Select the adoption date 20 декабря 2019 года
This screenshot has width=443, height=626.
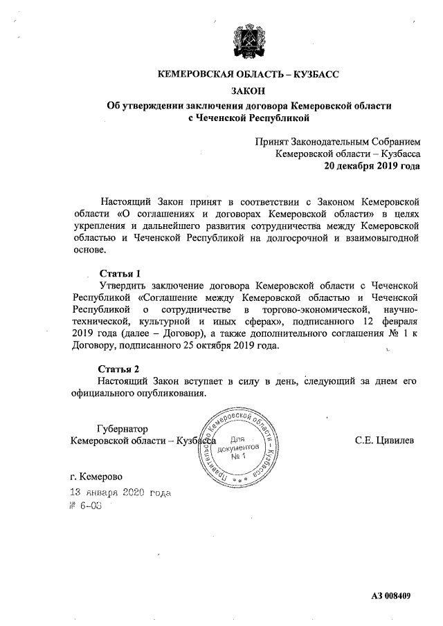tap(372, 166)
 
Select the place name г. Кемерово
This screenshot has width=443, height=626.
tap(96, 477)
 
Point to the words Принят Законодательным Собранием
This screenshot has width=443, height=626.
tap(337, 141)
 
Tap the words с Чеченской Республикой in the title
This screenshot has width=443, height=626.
tap(248, 119)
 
